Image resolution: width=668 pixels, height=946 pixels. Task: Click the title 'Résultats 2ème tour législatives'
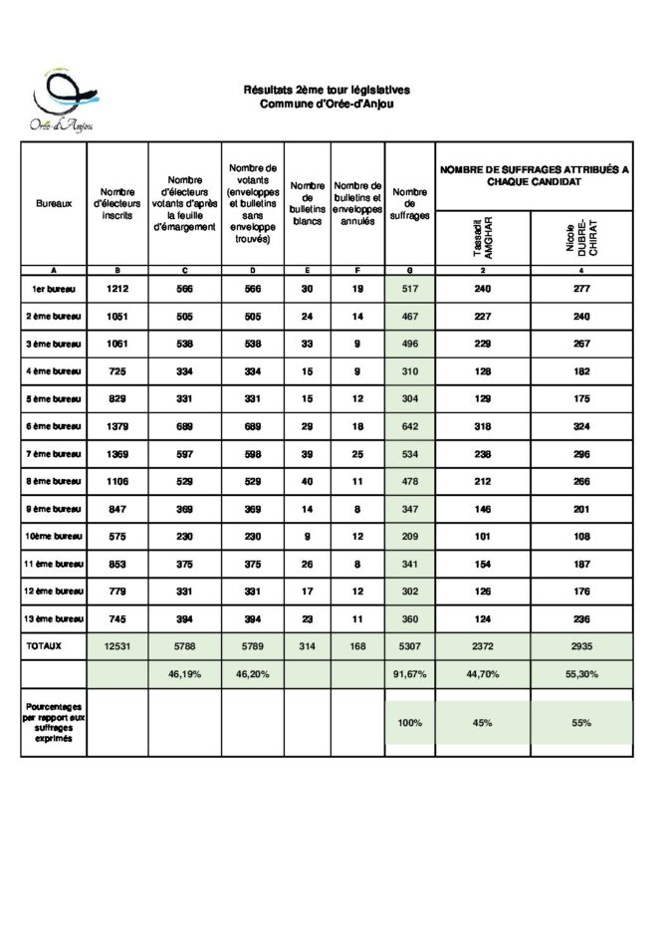[x=327, y=90]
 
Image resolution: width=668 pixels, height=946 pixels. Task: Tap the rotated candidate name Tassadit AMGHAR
[x=483, y=237]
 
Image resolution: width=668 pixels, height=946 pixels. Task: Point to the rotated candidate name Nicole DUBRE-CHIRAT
[x=580, y=237]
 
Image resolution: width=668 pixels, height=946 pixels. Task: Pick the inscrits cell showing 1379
[x=117, y=426]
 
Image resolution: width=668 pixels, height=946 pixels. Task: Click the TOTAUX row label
[x=45, y=645]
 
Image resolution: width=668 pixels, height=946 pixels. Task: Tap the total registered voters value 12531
[x=117, y=645]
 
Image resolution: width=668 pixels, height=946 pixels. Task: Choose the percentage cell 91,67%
[x=409, y=674]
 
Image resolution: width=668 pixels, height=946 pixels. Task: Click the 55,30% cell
[x=581, y=674]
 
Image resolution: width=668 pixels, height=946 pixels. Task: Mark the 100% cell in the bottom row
[x=409, y=723]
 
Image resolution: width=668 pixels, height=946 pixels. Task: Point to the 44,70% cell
[x=483, y=674]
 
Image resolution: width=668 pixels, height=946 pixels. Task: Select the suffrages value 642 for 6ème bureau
[x=409, y=426]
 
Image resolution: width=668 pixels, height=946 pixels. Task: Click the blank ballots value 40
[x=308, y=481]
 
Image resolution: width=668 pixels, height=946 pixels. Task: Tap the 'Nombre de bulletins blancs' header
[x=308, y=203]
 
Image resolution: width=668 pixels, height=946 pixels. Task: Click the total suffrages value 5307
[x=409, y=645]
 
